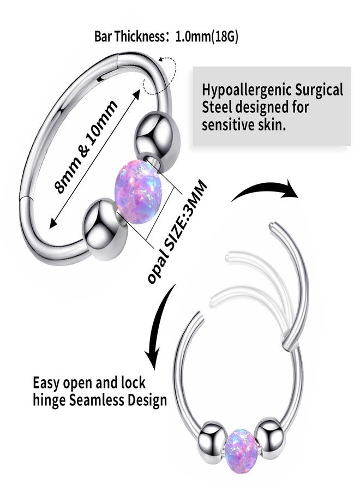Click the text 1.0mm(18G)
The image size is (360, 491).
pos(207,37)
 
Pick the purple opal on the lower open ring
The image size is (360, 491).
pos(242,444)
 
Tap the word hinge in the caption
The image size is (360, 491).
pos(50,401)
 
